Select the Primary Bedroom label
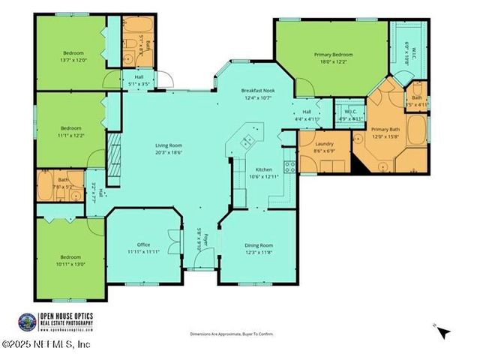coord(333,55)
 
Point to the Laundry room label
coord(324,143)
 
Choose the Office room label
coord(143,245)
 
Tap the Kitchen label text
coord(264,169)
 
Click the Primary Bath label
coord(386,130)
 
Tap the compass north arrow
coord(442,331)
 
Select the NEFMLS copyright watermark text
coord(46,344)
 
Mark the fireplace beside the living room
coord(114,155)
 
